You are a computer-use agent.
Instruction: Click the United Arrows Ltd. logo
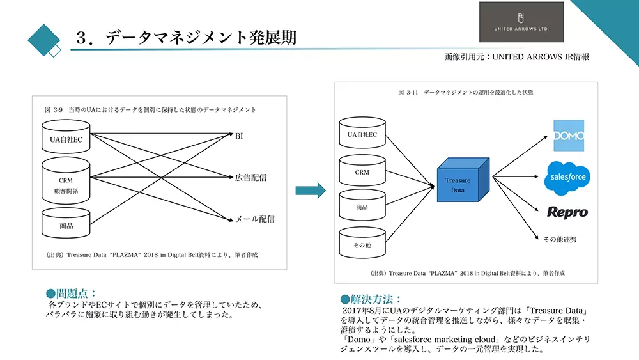pyautogui.click(x=521, y=22)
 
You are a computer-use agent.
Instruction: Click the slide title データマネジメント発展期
pyautogui.click(x=185, y=38)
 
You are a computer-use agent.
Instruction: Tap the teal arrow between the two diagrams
pyautogui.click(x=311, y=190)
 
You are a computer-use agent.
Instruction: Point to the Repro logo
pyautogui.click(x=567, y=212)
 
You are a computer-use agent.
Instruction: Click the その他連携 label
pyautogui.click(x=559, y=239)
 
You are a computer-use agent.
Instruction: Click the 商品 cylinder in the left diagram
pyautogui.click(x=66, y=224)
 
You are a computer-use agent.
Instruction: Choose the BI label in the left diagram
pyautogui.click(x=240, y=136)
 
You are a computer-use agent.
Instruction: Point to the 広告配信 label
pyautogui.click(x=250, y=178)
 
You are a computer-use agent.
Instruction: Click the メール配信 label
pyautogui.click(x=255, y=219)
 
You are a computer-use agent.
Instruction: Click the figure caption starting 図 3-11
pyautogui.click(x=465, y=93)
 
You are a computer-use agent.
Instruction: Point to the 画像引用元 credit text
pyautogui.click(x=516, y=57)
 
